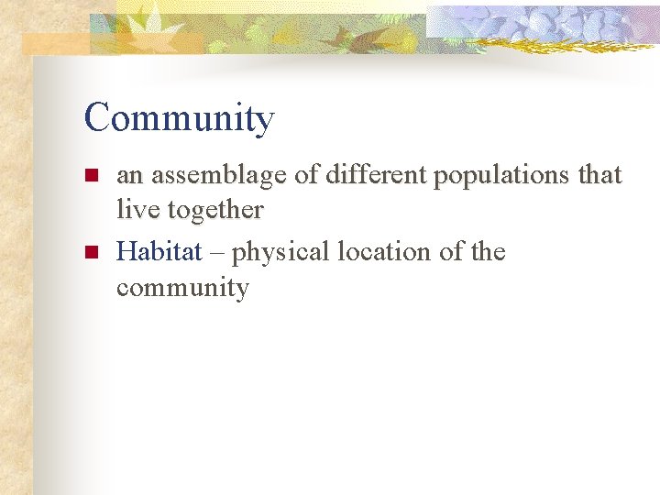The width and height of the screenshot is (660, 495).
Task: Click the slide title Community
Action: click(179, 119)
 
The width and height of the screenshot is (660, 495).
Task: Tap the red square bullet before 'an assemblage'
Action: click(90, 175)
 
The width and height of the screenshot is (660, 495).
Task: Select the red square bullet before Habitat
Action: click(90, 252)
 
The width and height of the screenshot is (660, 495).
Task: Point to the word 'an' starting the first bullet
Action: click(128, 176)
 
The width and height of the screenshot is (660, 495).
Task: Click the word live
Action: click(137, 210)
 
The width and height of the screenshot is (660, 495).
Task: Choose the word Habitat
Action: click(159, 251)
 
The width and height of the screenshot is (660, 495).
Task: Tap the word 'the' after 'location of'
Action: click(488, 251)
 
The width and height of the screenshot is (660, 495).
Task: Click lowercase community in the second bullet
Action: click(182, 289)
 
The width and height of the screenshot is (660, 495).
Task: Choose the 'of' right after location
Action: click(449, 251)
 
